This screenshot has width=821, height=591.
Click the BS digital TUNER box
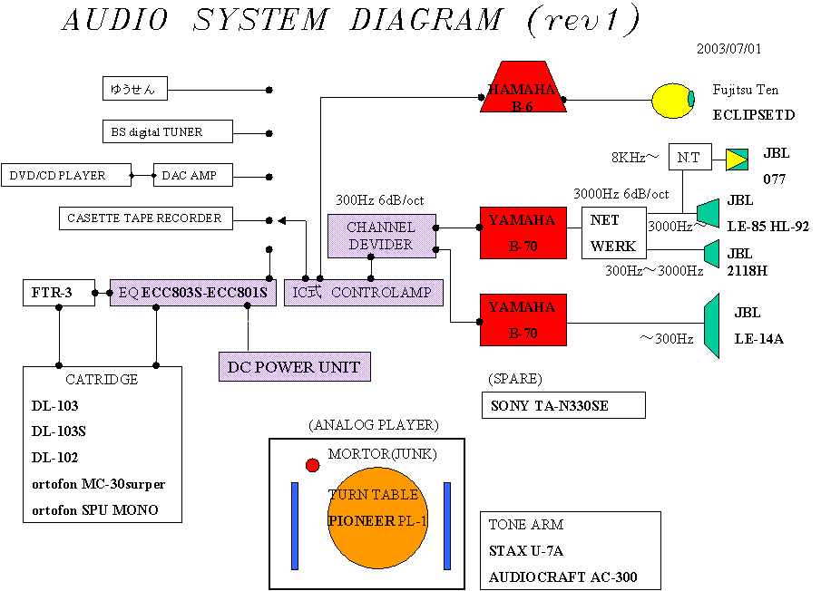click(x=167, y=132)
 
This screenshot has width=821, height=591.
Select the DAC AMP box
click(x=192, y=175)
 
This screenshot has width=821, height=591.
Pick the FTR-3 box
click(x=58, y=293)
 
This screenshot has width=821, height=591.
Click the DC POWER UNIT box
click(x=295, y=366)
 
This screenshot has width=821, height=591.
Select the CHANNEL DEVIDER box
click(x=381, y=236)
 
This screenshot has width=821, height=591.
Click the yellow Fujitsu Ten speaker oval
click(x=672, y=102)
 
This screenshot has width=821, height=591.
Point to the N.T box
click(x=689, y=158)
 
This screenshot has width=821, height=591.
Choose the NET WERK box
click(x=613, y=233)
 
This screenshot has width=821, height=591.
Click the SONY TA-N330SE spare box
click(x=563, y=405)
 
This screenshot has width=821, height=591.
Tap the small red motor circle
click(x=313, y=465)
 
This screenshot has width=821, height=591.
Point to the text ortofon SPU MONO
click(x=95, y=510)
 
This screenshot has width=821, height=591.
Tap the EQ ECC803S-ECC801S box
click(x=193, y=293)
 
